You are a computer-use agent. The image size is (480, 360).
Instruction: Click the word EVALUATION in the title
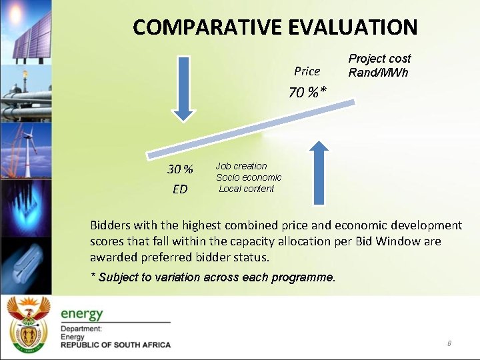point(353,27)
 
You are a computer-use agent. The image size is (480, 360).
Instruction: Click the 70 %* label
point(307,92)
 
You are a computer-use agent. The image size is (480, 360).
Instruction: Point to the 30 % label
point(180,169)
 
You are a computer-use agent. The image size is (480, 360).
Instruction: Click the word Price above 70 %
point(307,71)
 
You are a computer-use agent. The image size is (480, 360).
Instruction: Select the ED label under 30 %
point(180,189)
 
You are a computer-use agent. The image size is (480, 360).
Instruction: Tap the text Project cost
point(379,59)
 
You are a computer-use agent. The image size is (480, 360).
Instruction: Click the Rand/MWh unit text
point(378,72)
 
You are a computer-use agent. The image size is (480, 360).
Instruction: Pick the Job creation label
point(241,166)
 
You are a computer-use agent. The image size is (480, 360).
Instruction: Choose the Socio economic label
point(249,177)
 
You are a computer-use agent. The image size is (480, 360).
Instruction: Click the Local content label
point(246,189)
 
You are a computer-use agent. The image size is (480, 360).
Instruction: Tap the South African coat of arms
point(28,325)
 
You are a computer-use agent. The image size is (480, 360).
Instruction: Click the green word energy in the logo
point(82,313)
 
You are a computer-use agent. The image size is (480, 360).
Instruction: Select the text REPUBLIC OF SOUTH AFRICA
point(115,345)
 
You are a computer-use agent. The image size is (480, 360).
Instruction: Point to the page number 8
point(449,343)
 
